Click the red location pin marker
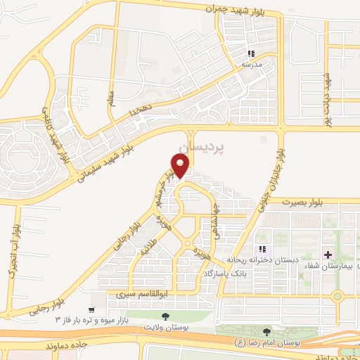tap(181, 165)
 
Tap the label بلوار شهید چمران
tap(233, 8)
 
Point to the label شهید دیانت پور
tap(327, 98)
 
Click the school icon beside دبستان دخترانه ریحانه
tap(262, 249)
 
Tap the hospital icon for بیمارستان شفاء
tap(328, 253)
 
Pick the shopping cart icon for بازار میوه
tap(91, 309)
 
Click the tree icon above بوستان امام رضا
tap(266, 330)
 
